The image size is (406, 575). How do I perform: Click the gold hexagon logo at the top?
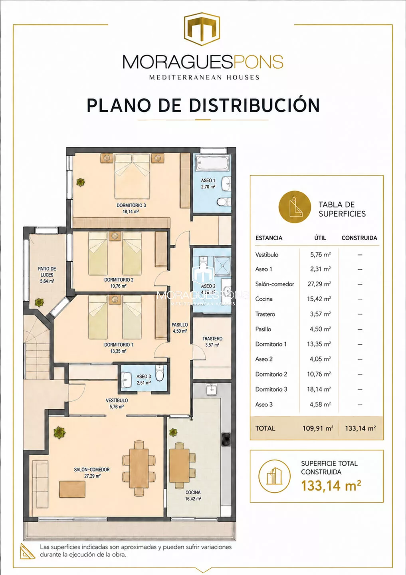point(203,29)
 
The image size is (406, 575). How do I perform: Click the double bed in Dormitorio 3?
point(132,176)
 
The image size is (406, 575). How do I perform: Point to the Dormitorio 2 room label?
point(119,283)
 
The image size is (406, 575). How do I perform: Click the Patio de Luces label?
point(47,275)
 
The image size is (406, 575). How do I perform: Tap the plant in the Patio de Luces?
point(39,302)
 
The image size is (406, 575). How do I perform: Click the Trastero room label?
point(212,342)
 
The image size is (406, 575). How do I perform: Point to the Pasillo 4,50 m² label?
point(180,328)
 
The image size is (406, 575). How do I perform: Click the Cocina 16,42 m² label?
point(193,496)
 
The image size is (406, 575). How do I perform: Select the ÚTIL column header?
point(320,238)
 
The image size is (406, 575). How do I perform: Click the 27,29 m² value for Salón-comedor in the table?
point(319,284)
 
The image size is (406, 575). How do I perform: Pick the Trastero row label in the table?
point(265,314)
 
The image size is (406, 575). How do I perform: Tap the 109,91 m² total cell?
point(318,428)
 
